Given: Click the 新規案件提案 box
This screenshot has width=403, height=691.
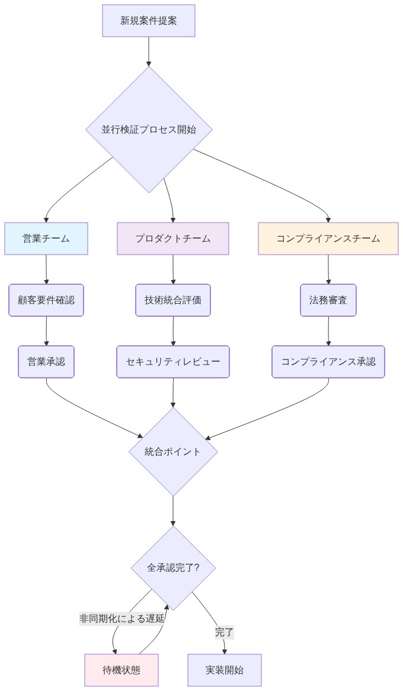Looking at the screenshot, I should (x=149, y=21).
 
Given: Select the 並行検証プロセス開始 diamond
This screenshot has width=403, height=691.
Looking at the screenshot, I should (x=149, y=129).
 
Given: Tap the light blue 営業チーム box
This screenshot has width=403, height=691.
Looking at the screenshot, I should (x=46, y=239).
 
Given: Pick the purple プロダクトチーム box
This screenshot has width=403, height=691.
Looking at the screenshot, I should (x=173, y=239).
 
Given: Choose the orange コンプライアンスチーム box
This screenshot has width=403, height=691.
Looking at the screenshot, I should (x=328, y=239).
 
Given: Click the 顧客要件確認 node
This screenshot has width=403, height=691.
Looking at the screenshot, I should (x=46, y=300).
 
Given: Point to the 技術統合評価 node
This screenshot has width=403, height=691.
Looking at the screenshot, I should (x=173, y=300).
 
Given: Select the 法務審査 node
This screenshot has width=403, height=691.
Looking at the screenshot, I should (x=328, y=300).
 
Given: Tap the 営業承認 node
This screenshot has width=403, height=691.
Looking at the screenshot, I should (x=46, y=362).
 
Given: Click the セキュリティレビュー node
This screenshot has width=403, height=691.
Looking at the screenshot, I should (x=173, y=362).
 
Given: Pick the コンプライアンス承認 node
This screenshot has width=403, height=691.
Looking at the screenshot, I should (x=328, y=362).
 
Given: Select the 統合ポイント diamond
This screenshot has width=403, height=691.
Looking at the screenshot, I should (x=173, y=452).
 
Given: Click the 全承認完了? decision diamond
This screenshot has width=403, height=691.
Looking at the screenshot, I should (x=173, y=568).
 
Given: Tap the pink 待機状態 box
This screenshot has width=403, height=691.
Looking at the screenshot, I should (x=121, y=670).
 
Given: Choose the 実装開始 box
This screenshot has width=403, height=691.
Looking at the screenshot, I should (x=225, y=670).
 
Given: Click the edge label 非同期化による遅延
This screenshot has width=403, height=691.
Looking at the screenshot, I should (x=122, y=619).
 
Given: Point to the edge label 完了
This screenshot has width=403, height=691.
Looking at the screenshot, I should (x=224, y=632).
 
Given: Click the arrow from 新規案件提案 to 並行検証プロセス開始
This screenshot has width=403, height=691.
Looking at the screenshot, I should (x=149, y=52).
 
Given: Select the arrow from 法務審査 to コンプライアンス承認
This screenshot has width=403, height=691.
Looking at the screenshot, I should (x=328, y=331).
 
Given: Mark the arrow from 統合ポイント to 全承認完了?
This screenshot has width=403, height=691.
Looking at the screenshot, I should (x=173, y=511).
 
